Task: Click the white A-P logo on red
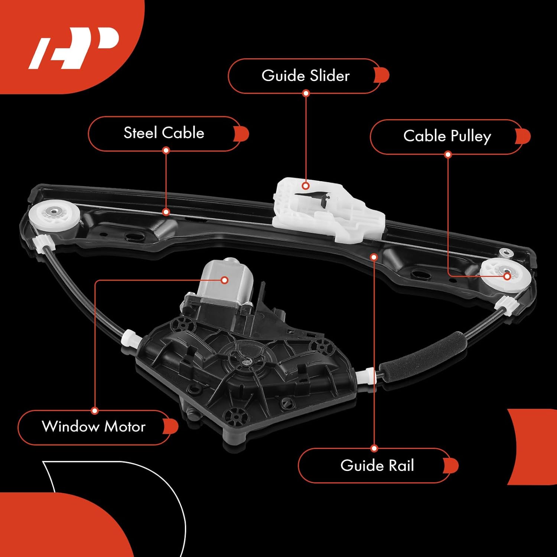(x=74, y=48)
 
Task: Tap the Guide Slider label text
(x=305, y=76)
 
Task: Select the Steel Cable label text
(x=164, y=133)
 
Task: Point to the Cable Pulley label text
(x=447, y=136)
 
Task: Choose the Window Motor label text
(x=94, y=427)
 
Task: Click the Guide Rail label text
(x=377, y=466)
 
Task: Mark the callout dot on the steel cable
(x=166, y=212)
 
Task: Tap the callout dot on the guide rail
(x=374, y=257)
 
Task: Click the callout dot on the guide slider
(x=306, y=186)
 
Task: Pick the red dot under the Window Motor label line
(x=95, y=411)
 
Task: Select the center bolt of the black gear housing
(x=245, y=360)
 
